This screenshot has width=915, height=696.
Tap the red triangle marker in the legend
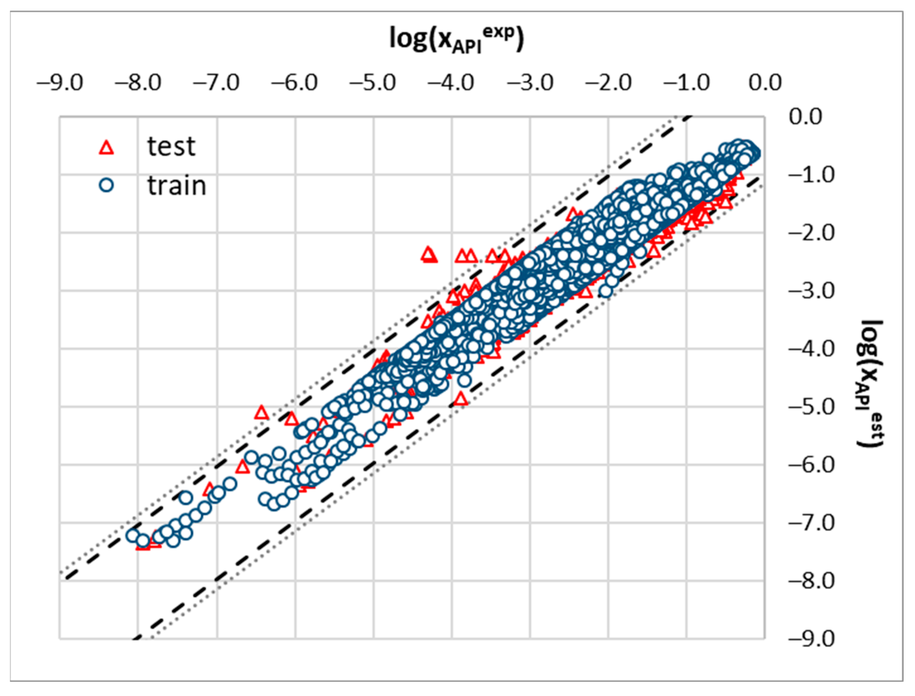pos(107,148)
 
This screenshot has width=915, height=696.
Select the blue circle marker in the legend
pos(107,185)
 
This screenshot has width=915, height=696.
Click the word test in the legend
pos(171,147)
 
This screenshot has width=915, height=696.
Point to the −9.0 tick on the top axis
pos(60,83)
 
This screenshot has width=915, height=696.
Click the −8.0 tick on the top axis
pos(138,83)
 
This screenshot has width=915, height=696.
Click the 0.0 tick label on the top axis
pos(765,83)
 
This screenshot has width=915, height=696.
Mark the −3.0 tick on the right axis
pos(811,291)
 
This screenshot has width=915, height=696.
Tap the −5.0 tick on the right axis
pos(811,407)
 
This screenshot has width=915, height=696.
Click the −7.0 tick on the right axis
pos(811,523)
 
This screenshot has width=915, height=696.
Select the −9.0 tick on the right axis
pos(811,639)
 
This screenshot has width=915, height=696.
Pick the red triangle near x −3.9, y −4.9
pos(461,399)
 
